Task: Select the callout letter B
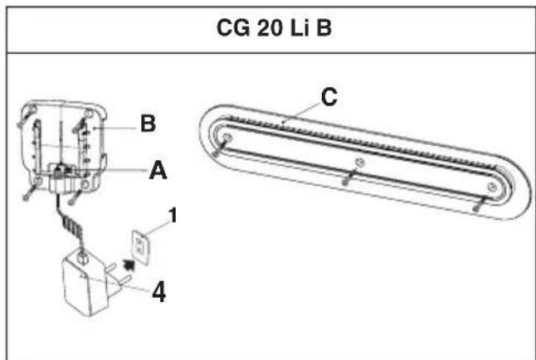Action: (147, 124)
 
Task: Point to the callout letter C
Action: (329, 98)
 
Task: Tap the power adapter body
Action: (83, 285)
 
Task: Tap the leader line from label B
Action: (117, 127)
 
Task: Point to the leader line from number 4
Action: (133, 289)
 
